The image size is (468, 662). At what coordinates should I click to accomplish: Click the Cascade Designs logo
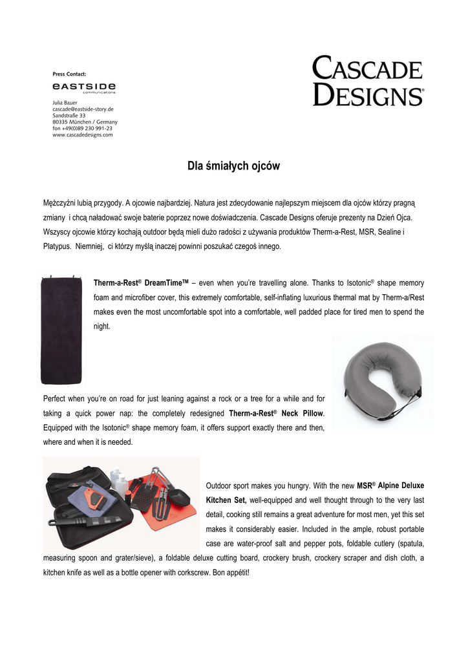(368, 81)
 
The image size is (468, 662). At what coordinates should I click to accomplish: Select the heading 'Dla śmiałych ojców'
(233, 166)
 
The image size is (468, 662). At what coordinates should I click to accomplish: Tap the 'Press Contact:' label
(69, 74)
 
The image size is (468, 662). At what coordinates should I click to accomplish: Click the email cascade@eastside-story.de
(83, 109)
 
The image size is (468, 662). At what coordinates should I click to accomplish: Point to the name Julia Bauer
(65, 103)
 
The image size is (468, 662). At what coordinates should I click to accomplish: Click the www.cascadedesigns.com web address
(83, 134)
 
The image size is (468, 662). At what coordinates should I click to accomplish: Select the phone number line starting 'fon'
(82, 128)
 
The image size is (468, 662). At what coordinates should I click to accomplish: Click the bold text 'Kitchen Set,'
(226, 500)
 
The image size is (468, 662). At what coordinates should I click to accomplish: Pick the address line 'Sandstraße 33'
(69, 116)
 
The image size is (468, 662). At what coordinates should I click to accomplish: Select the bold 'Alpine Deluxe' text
(401, 485)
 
